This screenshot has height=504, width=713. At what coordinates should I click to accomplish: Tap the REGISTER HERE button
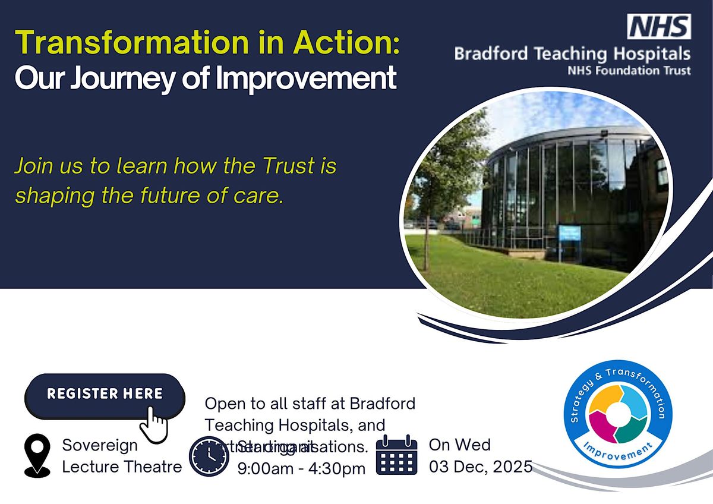pyautogui.click(x=105, y=393)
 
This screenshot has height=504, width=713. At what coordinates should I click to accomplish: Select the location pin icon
pyautogui.click(x=37, y=455)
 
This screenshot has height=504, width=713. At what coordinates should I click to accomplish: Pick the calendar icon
pyautogui.click(x=397, y=455)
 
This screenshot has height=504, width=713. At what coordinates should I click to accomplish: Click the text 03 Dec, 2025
pyautogui.click(x=480, y=467)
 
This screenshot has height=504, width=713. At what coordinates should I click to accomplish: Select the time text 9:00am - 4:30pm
pyautogui.click(x=301, y=468)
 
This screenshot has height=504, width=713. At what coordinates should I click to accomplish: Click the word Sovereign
pyautogui.click(x=100, y=445)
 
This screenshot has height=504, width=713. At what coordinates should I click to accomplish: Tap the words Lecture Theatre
pyautogui.click(x=122, y=467)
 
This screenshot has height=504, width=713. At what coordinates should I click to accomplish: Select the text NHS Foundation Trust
pyautogui.click(x=629, y=71)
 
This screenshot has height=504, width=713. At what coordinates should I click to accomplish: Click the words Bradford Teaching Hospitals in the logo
pyautogui.click(x=572, y=54)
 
